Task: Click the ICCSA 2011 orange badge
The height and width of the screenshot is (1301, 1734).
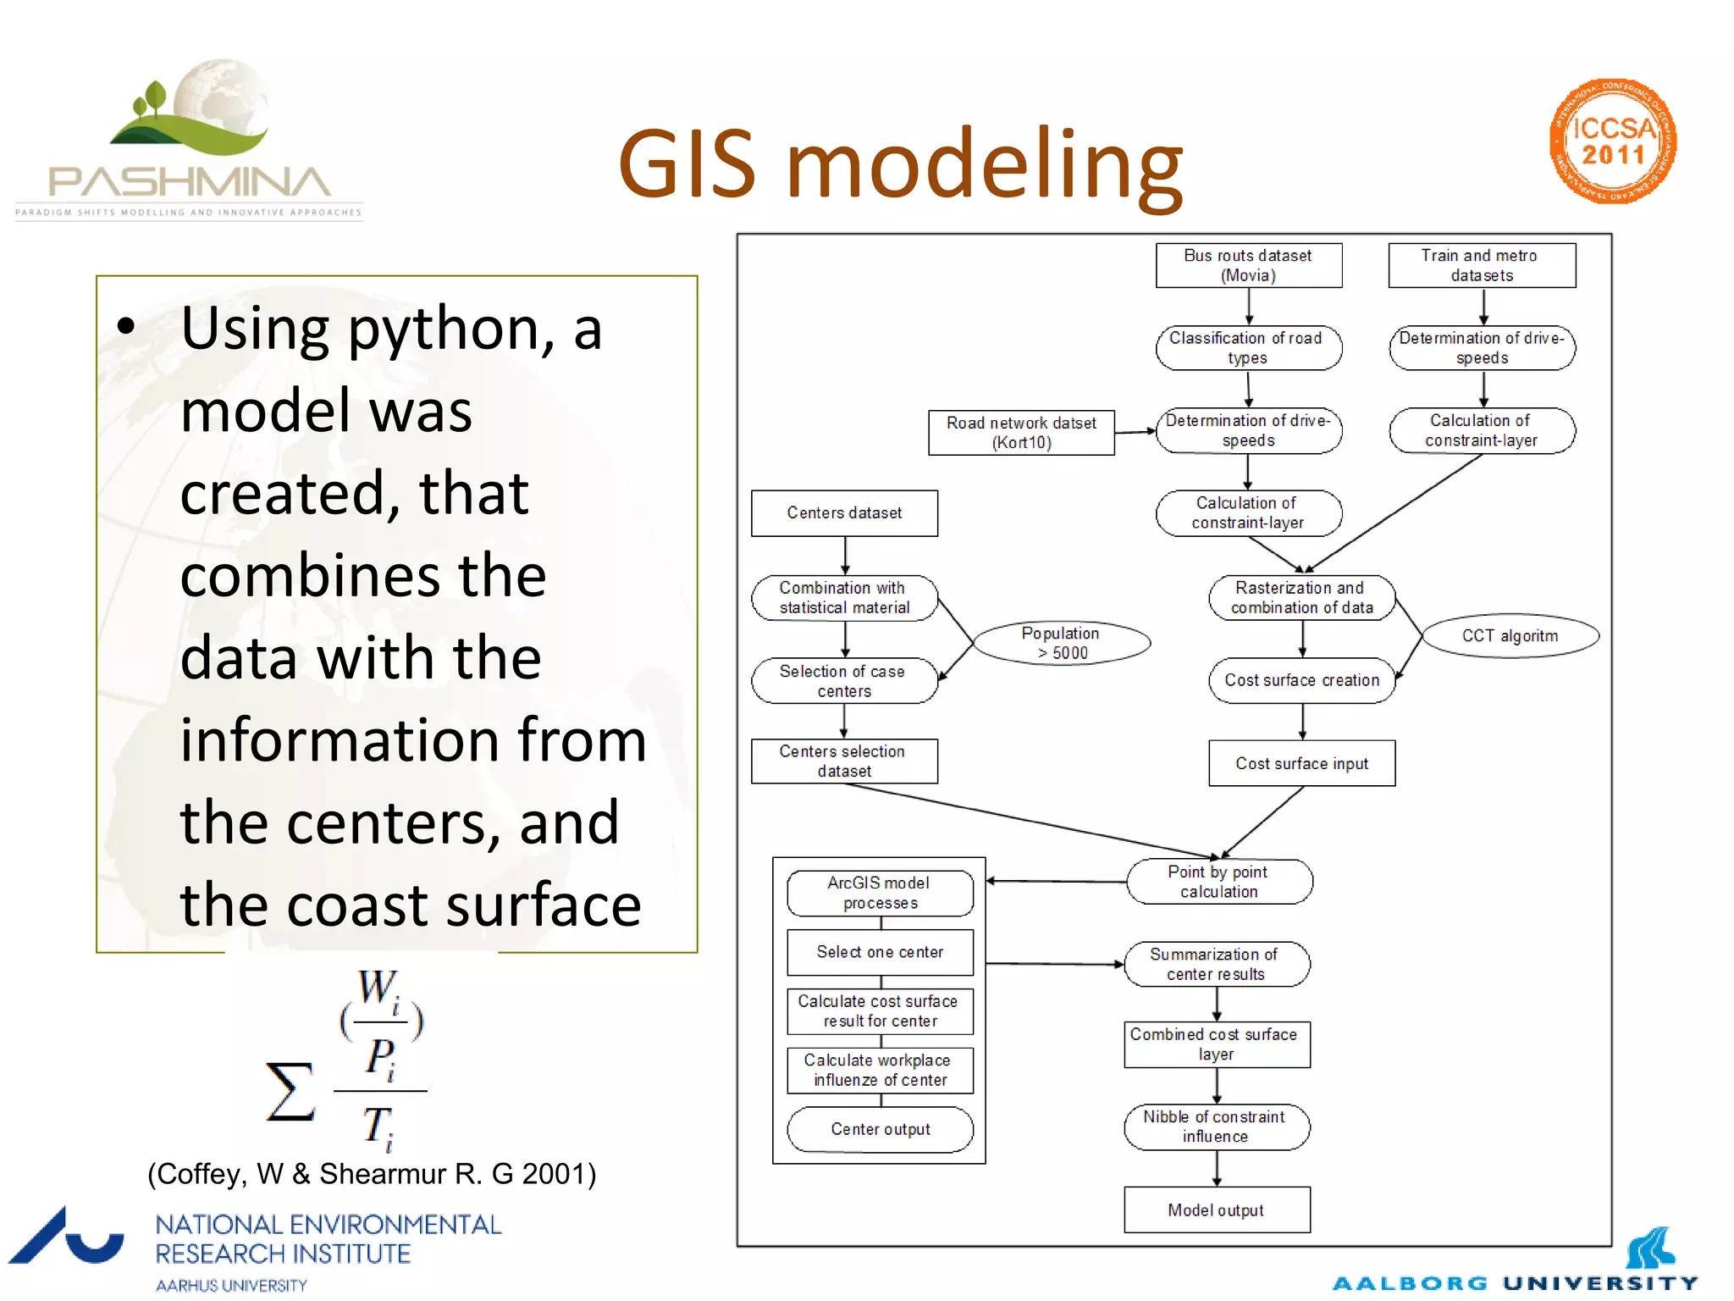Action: (x=1613, y=141)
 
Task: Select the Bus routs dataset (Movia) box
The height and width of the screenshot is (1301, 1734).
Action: (x=1248, y=265)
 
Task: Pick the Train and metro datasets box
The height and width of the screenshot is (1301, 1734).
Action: (x=1481, y=265)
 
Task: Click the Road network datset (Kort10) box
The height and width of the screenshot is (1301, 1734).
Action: (x=1020, y=432)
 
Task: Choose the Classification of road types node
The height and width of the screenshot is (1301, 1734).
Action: (x=1248, y=347)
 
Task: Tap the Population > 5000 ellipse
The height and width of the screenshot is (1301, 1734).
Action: (x=1061, y=643)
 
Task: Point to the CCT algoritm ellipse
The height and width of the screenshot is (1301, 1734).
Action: (x=1510, y=635)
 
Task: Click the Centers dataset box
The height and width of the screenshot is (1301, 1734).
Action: (x=844, y=512)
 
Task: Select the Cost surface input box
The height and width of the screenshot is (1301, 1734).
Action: (x=1301, y=763)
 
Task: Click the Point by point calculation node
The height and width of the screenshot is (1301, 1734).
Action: (x=1218, y=882)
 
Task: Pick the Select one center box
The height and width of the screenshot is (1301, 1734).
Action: (x=880, y=952)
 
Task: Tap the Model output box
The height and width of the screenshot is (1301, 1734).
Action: (x=1216, y=1210)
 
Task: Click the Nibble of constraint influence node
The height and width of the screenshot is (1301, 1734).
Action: (x=1216, y=1127)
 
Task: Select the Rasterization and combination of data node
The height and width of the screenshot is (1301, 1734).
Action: (x=1301, y=597)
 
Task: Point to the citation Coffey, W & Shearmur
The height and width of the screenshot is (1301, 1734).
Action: (x=372, y=1174)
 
